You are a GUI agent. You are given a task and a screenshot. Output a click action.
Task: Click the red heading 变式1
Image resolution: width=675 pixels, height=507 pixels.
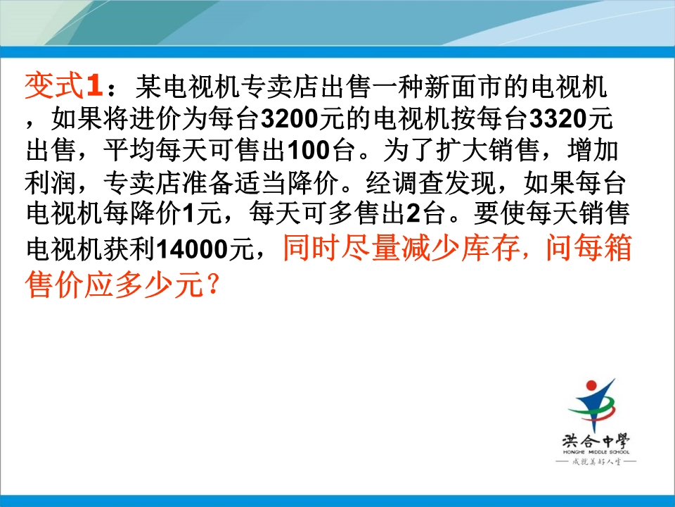pyautogui.click(x=64, y=86)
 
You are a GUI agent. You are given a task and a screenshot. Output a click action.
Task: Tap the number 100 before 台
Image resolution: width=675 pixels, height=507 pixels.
pyautogui.click(x=308, y=151)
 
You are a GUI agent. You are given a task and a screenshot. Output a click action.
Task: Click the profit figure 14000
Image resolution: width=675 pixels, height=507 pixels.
pyautogui.click(x=192, y=249)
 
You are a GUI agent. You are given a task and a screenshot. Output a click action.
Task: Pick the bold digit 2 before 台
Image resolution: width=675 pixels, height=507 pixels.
pyautogui.click(x=413, y=213)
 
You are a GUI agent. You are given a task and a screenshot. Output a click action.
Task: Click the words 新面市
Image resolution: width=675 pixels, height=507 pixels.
pyautogui.click(x=463, y=86)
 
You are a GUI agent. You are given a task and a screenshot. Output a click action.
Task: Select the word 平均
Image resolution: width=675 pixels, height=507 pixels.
pyautogui.click(x=129, y=151)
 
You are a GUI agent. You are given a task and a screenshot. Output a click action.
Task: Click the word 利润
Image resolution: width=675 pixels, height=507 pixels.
pyautogui.click(x=51, y=182)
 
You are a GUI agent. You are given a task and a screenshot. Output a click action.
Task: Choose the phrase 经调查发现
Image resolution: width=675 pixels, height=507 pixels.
pyautogui.click(x=429, y=182)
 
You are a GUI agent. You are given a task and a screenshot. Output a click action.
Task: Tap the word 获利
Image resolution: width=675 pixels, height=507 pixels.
pyautogui.click(x=129, y=249)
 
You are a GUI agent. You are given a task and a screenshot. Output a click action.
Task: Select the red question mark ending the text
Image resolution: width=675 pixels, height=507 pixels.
pyautogui.click(x=212, y=284)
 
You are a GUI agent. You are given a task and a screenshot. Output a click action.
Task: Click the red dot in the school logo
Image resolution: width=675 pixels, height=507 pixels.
pyautogui.click(x=592, y=385)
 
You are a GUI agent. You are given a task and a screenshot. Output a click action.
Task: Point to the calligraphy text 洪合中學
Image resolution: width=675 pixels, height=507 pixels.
pyautogui.click(x=596, y=441)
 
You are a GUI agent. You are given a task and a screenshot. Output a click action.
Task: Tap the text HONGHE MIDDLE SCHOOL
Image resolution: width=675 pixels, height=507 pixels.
pyautogui.click(x=596, y=452)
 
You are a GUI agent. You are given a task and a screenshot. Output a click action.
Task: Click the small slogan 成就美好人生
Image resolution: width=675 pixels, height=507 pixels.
pyautogui.click(x=596, y=462)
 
